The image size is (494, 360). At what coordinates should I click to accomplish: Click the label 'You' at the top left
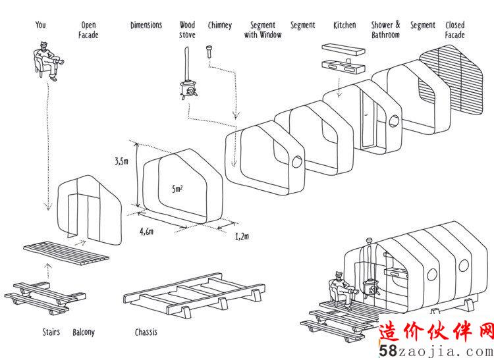(41, 25)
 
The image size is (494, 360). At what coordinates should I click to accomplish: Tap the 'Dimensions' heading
(146, 25)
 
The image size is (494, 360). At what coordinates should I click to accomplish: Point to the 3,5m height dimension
(122, 161)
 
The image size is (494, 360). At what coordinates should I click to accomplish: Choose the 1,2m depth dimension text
(242, 236)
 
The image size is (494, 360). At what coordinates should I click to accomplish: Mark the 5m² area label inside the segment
(177, 189)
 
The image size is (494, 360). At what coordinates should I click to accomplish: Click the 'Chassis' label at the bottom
(146, 332)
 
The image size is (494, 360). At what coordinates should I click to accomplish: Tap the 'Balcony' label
(84, 332)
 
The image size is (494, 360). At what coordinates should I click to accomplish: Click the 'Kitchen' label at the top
(344, 25)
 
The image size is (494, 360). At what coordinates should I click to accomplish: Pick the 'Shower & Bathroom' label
(385, 30)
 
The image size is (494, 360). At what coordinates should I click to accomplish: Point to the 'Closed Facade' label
(454, 30)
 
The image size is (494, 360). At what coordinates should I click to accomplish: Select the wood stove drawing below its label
(187, 86)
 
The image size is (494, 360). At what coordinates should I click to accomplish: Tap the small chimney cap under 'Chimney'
(209, 50)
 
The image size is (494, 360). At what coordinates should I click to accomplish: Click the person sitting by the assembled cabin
(339, 290)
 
